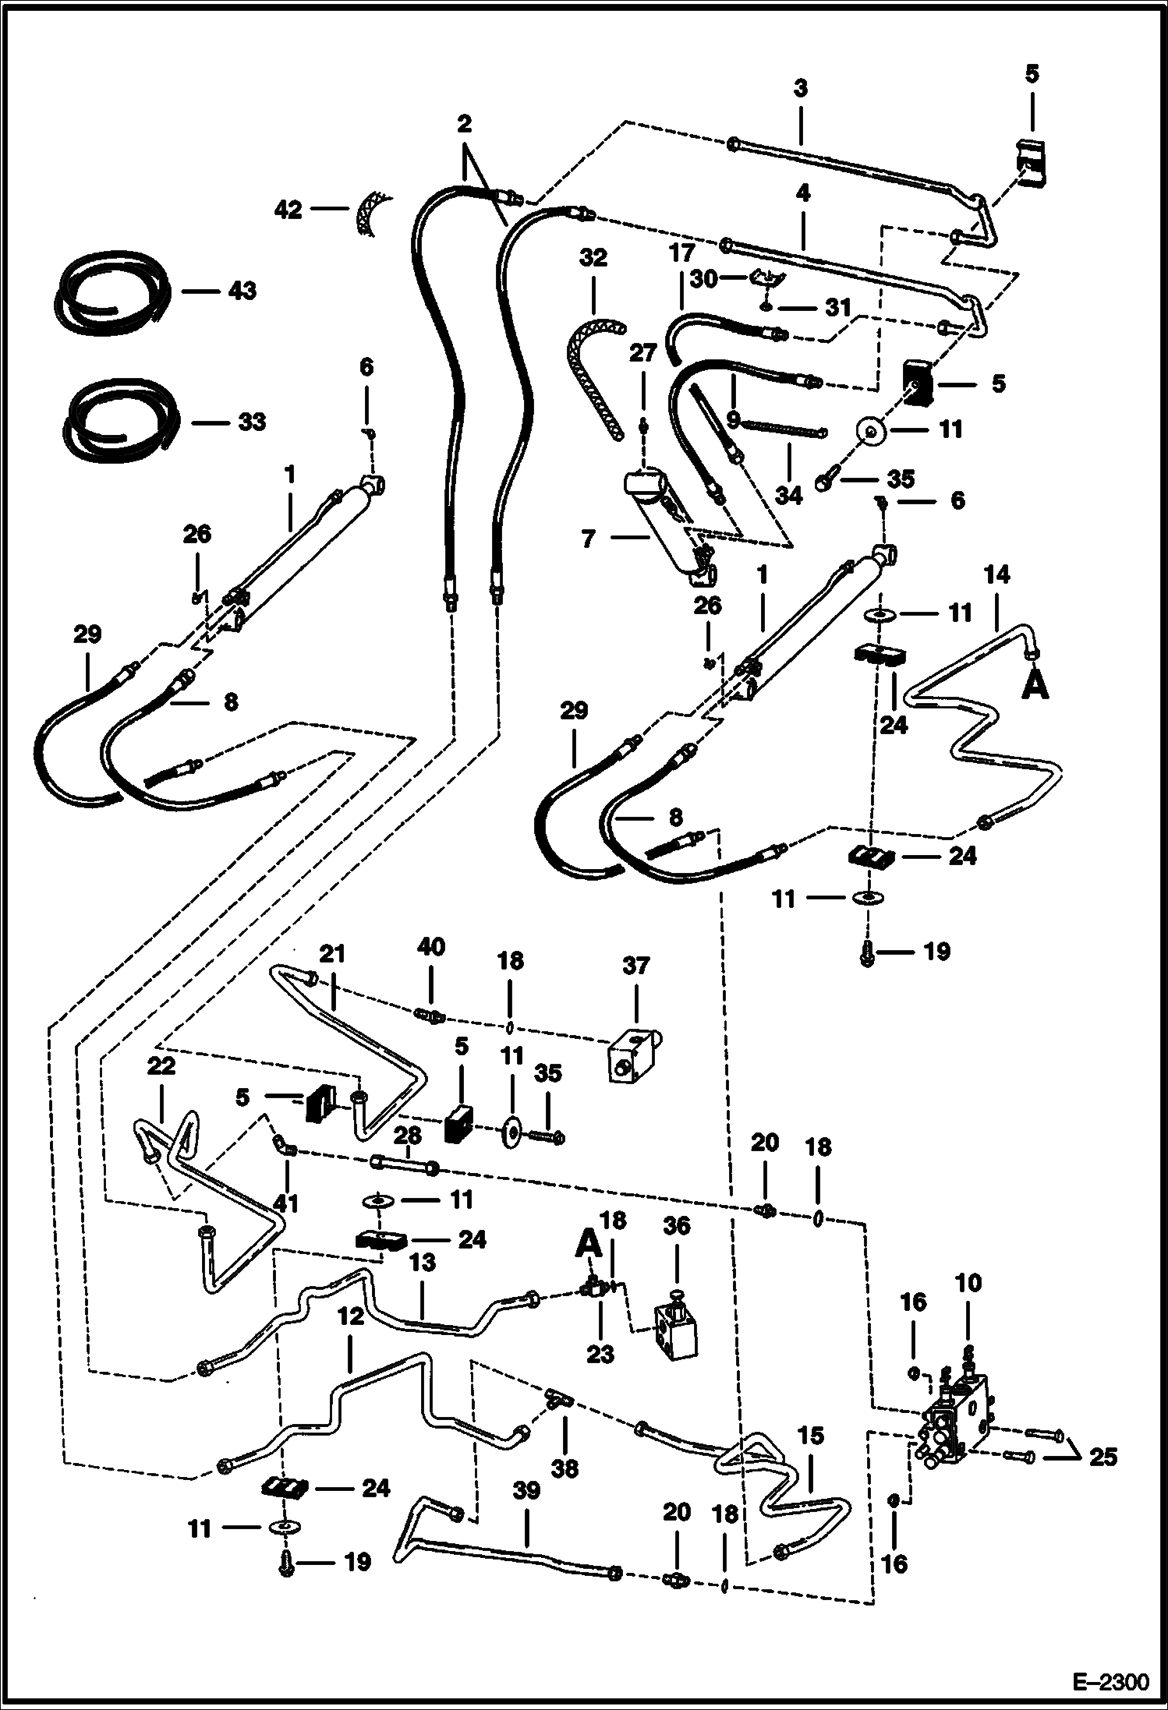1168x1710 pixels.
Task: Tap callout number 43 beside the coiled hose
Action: click(x=242, y=291)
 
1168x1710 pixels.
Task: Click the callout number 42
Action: click(x=288, y=209)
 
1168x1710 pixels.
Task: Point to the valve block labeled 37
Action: click(x=632, y=1055)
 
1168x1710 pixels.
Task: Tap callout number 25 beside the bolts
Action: click(x=1103, y=1456)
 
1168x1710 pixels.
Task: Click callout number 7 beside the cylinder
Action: click(x=588, y=539)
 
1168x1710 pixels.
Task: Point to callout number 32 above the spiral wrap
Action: click(x=593, y=258)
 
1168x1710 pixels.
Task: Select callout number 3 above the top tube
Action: click(x=801, y=88)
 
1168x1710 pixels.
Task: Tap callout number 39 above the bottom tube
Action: click(x=526, y=1490)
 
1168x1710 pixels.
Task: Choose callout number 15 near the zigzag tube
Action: click(x=811, y=1436)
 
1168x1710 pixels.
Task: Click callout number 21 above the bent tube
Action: click(x=331, y=954)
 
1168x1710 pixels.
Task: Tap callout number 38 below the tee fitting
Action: click(x=565, y=1468)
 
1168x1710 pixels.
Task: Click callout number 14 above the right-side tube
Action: click(x=996, y=575)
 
